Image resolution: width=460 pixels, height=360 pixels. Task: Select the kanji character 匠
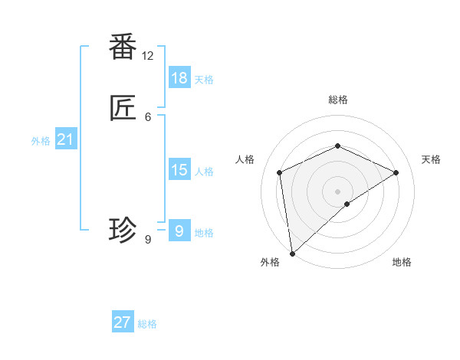123,109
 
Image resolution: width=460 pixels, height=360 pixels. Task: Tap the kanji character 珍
123,229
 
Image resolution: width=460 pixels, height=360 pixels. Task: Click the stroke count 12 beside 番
147,56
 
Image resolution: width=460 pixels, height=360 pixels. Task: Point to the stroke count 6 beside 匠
148,116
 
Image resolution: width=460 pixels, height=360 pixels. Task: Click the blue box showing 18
179,78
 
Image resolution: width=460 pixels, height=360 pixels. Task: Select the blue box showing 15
179,170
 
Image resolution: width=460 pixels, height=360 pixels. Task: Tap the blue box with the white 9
179,231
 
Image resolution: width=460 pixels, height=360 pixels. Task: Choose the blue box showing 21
66,139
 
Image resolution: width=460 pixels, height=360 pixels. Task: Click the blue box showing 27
123,322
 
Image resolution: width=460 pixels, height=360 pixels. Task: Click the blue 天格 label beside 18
204,79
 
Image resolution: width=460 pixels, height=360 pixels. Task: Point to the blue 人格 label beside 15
204,172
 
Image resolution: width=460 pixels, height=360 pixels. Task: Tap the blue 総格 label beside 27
147,324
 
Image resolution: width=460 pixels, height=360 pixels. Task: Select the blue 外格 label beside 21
41,141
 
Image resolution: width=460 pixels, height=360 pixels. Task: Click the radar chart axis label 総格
337,100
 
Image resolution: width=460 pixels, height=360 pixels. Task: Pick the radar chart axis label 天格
431,159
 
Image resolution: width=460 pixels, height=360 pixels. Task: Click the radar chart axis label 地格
402,263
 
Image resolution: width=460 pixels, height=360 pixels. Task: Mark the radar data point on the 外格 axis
291,254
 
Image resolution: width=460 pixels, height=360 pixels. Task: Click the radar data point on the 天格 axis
396,172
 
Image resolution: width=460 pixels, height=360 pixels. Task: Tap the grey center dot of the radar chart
337,191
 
